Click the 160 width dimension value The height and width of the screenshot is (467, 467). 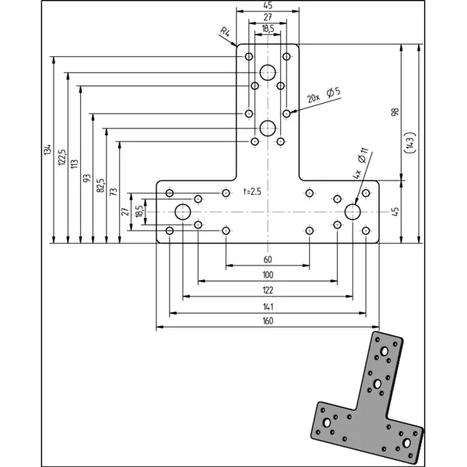pyautogui.click(x=268, y=321)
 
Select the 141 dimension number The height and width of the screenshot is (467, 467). pyautogui.click(x=268, y=306)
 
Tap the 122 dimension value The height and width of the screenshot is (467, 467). pyautogui.click(x=268, y=290)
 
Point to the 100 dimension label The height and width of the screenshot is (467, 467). pyautogui.click(x=268, y=276)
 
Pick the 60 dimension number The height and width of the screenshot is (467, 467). pyautogui.click(x=268, y=260)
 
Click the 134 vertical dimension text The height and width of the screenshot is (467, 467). pyautogui.click(x=47, y=149)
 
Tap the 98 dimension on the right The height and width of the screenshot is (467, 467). pyautogui.click(x=395, y=113)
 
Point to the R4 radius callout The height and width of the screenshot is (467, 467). pyautogui.click(x=225, y=32)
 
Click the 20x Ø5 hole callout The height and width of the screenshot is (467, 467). pyautogui.click(x=324, y=96)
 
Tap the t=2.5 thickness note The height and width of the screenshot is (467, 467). pyautogui.click(x=253, y=191)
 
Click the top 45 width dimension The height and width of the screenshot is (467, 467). pyautogui.click(x=268, y=5)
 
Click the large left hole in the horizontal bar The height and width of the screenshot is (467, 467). pyautogui.click(x=183, y=211)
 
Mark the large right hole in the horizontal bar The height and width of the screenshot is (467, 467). pyautogui.click(x=353, y=211)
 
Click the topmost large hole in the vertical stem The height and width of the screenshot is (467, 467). pyautogui.click(x=268, y=72)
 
